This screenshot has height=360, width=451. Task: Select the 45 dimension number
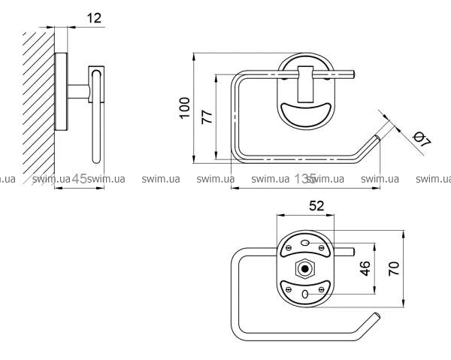(x=80, y=179)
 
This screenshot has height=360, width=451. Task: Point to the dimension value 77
(x=208, y=116)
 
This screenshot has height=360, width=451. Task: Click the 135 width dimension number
(x=305, y=179)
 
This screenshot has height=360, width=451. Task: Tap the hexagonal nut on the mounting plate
(x=304, y=267)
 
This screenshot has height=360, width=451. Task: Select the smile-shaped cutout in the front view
(x=306, y=114)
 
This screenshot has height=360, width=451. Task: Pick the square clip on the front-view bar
(x=307, y=83)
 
